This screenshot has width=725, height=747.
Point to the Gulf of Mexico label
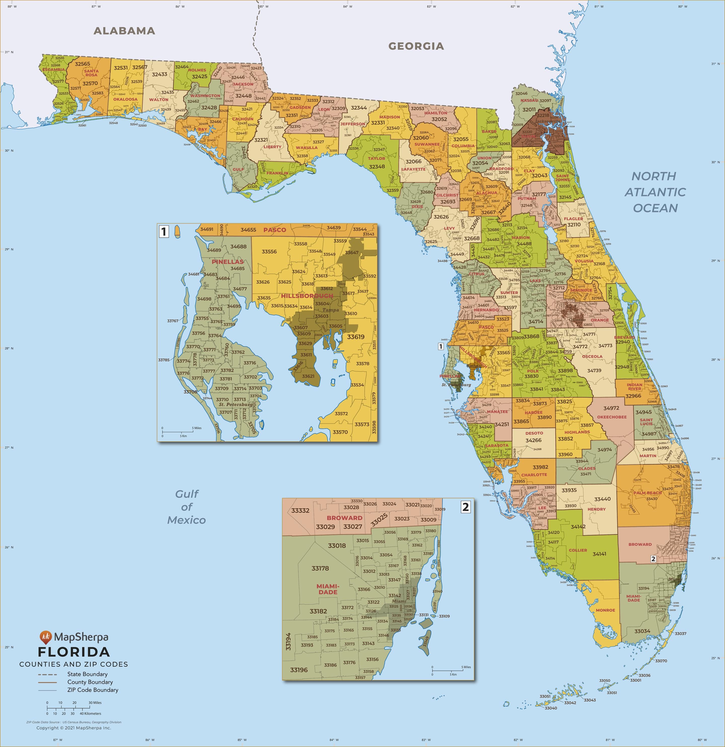coord(187,507)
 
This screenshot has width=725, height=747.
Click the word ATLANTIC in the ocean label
coord(655,192)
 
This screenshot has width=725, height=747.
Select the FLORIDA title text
coord(74,652)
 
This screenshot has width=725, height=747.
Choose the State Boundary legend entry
coord(87,674)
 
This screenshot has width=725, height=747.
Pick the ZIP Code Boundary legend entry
coord(93,690)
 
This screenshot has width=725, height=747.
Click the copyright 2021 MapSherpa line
coord(74,728)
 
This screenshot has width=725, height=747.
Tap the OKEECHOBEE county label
coord(611,417)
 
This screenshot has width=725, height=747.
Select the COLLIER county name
coord(578,550)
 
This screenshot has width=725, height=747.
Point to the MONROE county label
coord(605,610)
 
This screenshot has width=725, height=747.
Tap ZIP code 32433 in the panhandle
coord(160,74)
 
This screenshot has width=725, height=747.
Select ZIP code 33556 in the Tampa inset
coord(269,251)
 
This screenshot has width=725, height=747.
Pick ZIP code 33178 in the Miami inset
coord(320,568)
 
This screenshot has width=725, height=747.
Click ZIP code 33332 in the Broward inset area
coord(300,510)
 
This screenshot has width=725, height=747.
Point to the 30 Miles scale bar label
coord(95,702)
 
